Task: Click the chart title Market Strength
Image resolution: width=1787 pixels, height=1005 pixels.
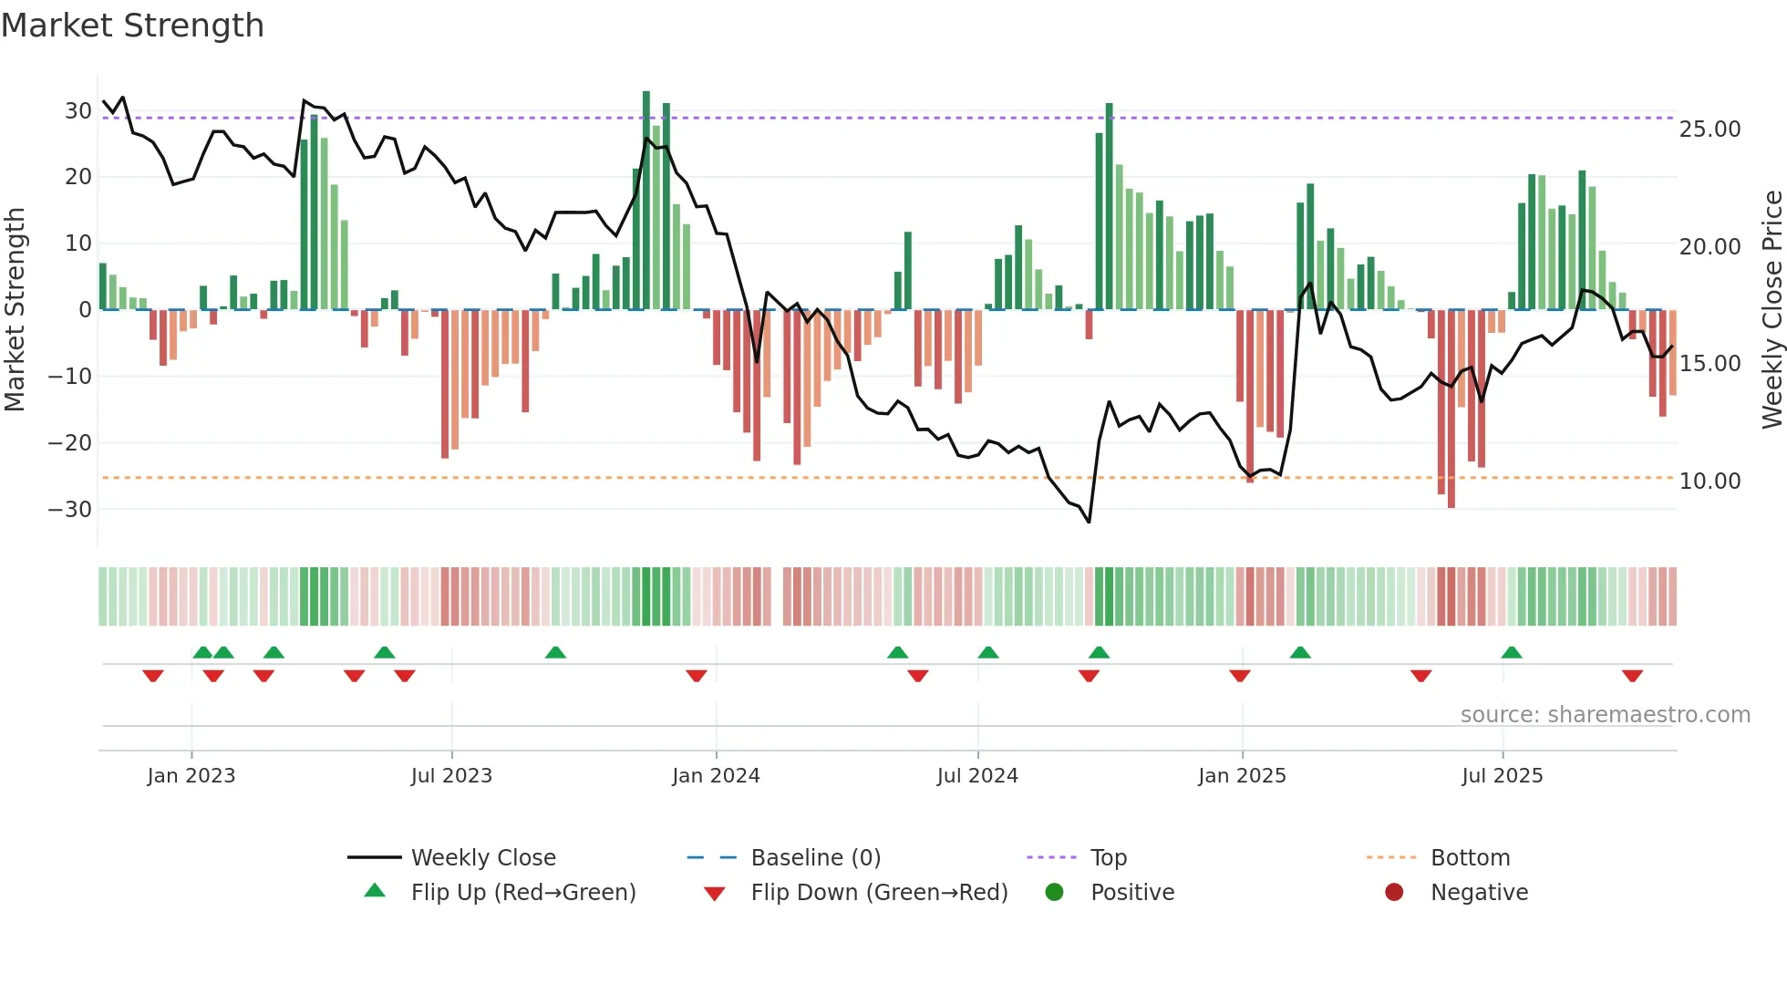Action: [x=132, y=26]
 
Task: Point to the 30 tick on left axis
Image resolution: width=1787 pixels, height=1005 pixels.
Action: [x=77, y=111]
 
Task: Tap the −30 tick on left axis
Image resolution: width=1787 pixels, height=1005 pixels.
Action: [x=70, y=509]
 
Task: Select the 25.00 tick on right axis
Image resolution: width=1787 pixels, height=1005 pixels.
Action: [x=1710, y=130]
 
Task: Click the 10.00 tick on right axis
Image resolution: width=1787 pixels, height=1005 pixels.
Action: [x=1710, y=482]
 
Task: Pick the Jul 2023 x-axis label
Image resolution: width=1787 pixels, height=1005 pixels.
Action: [x=451, y=776]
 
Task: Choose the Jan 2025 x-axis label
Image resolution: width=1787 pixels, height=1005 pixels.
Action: [x=1242, y=776]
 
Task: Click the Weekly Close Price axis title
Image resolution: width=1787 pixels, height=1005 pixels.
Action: [x=1772, y=310]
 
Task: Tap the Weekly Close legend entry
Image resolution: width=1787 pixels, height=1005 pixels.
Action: [x=483, y=858]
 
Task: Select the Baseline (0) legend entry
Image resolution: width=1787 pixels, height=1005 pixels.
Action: [x=815, y=858]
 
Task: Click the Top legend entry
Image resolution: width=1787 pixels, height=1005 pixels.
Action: [x=1109, y=858]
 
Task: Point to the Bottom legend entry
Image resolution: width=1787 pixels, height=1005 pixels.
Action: [x=1470, y=858]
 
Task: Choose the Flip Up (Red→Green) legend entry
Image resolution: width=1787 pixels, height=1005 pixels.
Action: [x=522, y=893]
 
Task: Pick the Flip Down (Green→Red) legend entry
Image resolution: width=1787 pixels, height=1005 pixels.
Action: [x=879, y=893]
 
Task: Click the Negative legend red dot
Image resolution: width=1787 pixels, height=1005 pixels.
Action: [x=1394, y=892]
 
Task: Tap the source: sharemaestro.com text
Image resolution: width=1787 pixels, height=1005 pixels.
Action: [x=1605, y=715]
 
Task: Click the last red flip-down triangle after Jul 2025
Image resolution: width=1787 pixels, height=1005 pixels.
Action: [x=1632, y=676]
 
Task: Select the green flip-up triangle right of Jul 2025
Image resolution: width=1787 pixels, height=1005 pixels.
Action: [x=1512, y=652]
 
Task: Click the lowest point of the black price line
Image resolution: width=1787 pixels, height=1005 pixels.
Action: [x=1089, y=522]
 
